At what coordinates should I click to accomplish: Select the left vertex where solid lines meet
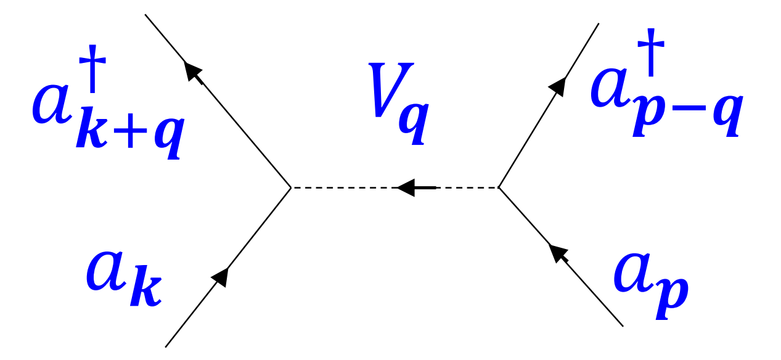(x=291, y=186)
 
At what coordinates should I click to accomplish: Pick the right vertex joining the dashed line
(x=498, y=186)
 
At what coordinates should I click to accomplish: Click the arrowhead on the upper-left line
(x=194, y=71)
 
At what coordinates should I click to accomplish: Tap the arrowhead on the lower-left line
(x=221, y=277)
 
